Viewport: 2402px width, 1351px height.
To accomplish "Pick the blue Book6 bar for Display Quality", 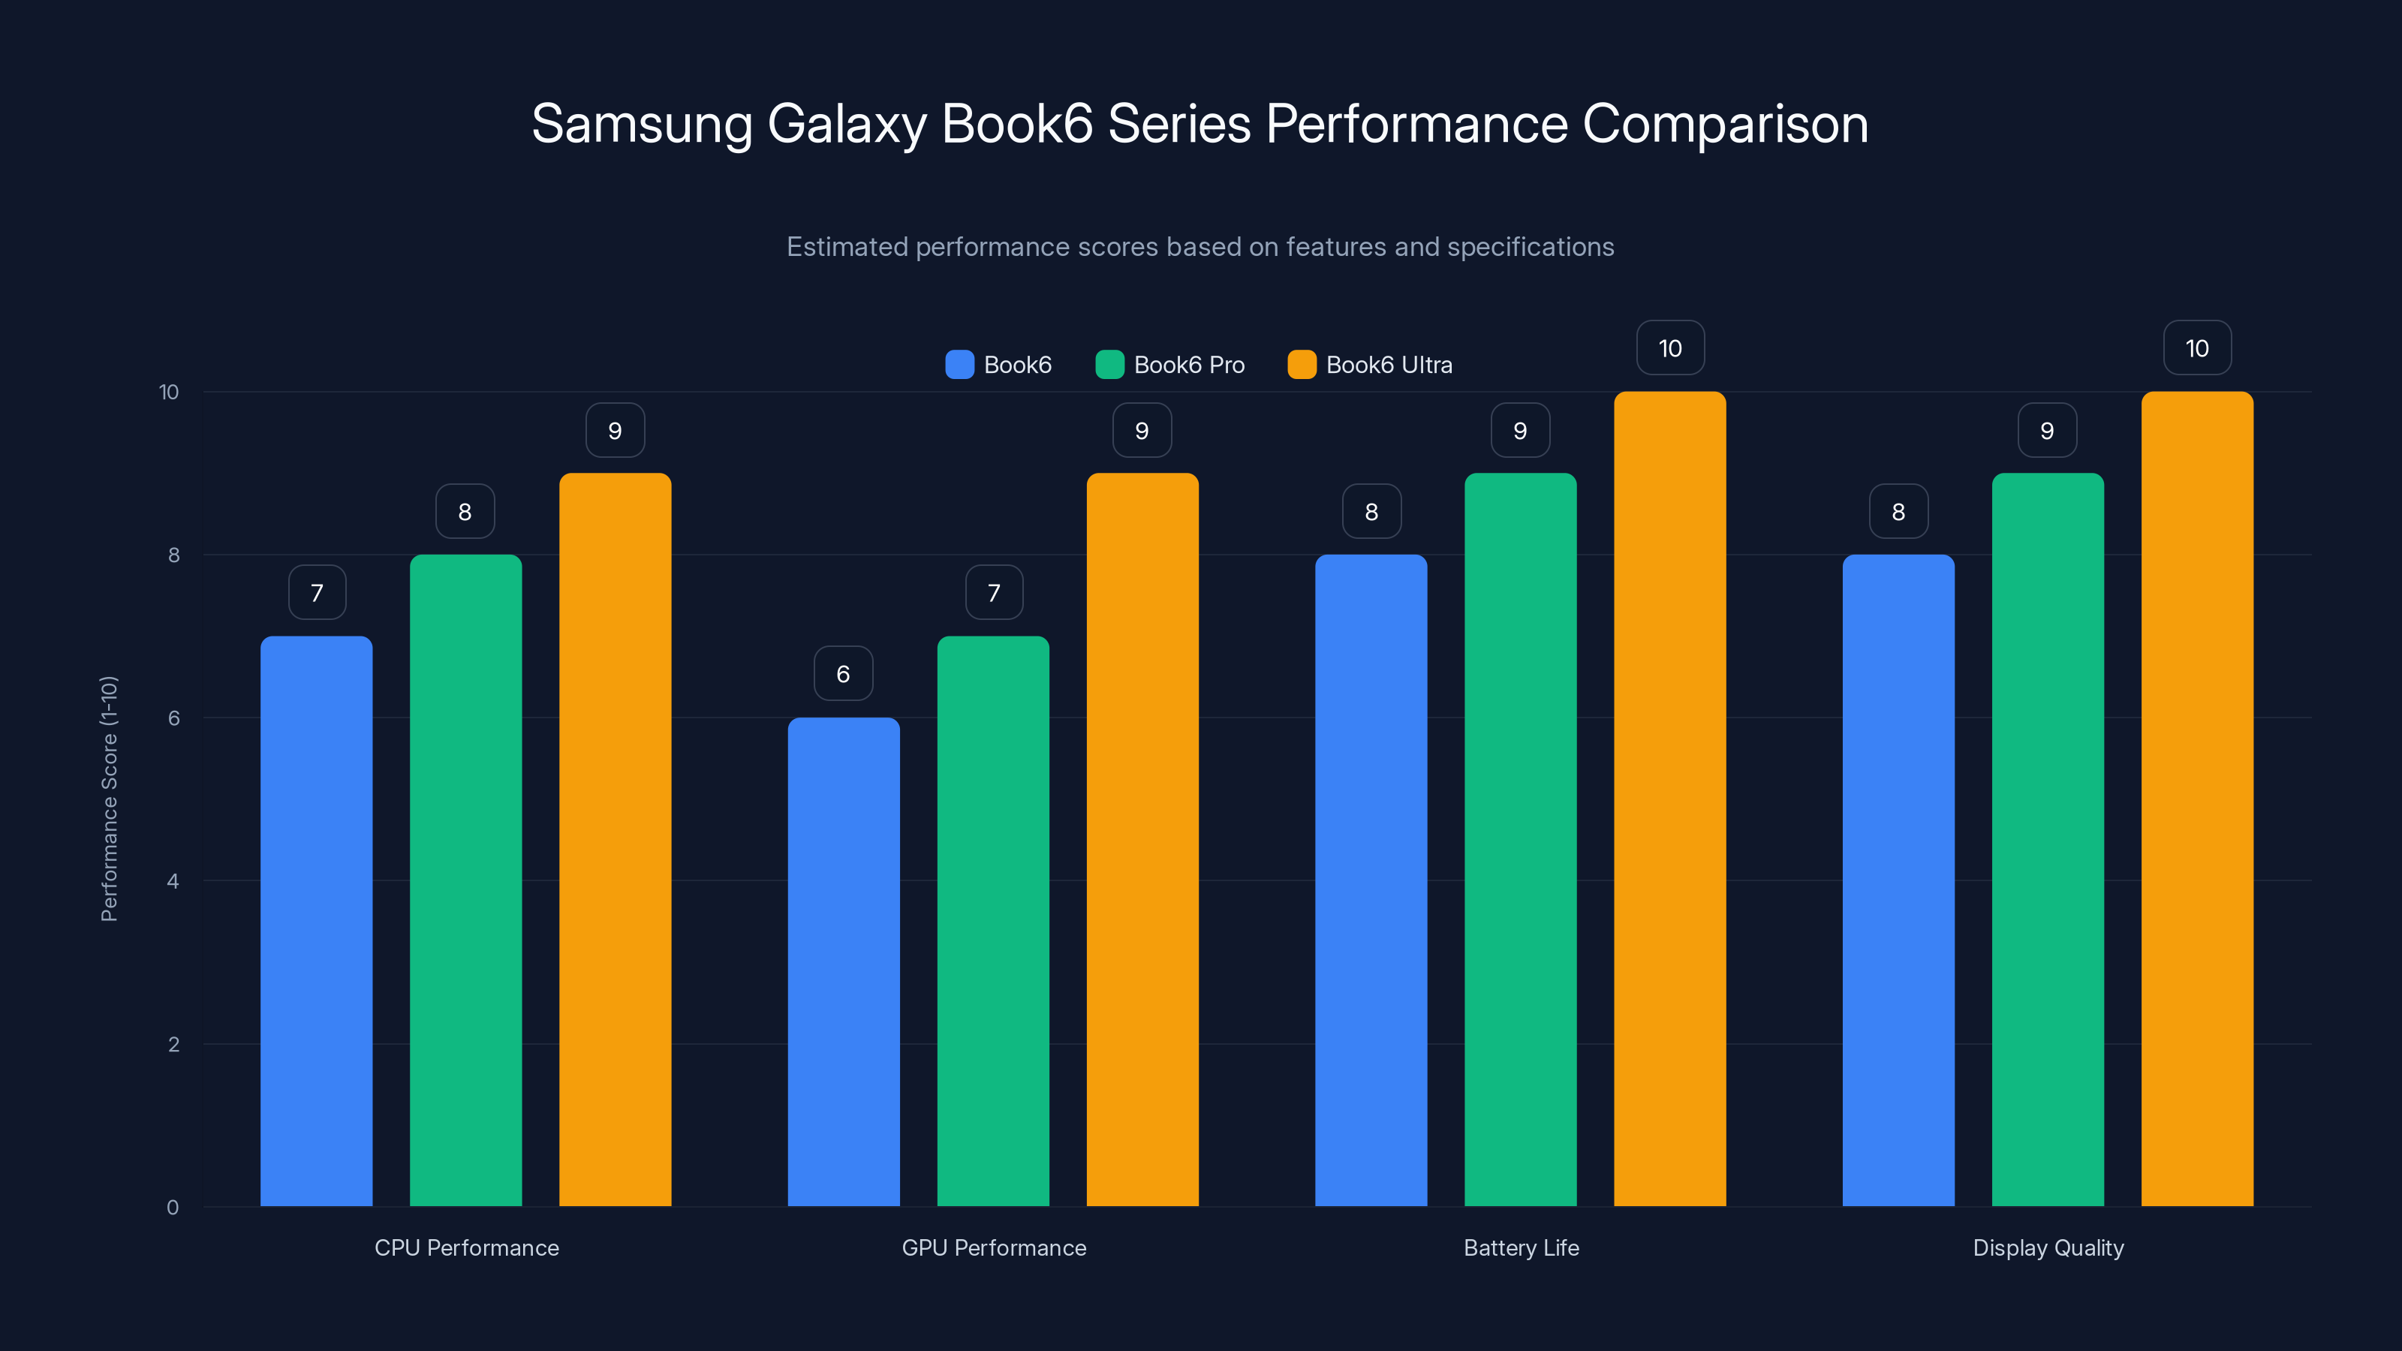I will pos(1898,880).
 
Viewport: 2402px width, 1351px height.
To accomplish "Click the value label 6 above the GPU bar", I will pos(843,673).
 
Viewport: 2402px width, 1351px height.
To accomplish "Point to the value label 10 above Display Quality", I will pos(2197,348).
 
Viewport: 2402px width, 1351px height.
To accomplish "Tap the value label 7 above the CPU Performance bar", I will pos(317,592).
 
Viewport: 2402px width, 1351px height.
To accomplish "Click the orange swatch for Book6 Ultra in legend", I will pos(1302,365).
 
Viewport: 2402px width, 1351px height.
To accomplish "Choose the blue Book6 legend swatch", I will pos(959,365).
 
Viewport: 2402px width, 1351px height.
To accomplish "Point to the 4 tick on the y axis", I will pos(173,881).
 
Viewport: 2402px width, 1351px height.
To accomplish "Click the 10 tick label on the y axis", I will pos(169,392).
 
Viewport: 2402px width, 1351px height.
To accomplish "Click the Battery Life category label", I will pos(1521,1247).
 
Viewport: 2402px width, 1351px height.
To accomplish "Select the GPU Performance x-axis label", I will pos(993,1247).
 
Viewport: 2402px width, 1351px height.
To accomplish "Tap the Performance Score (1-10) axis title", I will pos(109,799).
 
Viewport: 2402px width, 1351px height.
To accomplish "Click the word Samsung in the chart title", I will pos(642,124).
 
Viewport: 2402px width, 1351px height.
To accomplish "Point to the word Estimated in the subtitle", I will pos(847,247).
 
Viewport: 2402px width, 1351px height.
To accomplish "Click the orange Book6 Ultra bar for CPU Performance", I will pos(615,839).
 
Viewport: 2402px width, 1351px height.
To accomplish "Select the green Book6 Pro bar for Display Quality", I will pos(2048,839).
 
